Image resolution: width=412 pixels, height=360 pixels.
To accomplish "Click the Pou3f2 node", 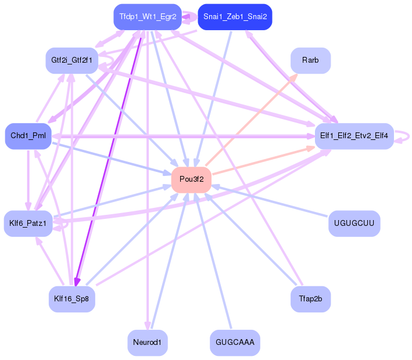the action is coord(191,179).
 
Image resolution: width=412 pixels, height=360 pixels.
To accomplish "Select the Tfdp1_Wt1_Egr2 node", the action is coord(148,17).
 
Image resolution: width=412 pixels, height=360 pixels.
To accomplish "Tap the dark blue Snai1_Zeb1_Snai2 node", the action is coord(235,17).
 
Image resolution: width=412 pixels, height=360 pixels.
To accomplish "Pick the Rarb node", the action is coord(310,60).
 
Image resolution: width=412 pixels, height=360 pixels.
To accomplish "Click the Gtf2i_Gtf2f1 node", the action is coord(71,60).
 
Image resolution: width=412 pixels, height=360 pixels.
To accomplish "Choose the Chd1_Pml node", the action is coord(28,136).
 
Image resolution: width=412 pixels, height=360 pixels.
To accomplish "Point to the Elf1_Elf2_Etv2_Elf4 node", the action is coord(354,136).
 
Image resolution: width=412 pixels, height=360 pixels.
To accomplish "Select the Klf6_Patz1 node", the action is coord(28,224).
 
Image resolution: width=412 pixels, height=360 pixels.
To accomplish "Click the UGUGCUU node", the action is coord(354,224).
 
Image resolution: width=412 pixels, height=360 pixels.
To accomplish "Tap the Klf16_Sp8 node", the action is coord(71,299).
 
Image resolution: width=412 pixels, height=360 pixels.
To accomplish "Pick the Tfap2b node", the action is coord(310,299).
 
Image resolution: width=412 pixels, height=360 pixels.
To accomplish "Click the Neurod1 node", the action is coord(148,343).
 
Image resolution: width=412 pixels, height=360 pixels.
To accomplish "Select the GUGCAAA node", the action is coord(235,343).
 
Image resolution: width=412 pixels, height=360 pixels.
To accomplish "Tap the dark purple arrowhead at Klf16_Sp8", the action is coord(77,282).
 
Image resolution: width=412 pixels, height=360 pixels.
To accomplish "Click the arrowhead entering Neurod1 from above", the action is coord(148,326).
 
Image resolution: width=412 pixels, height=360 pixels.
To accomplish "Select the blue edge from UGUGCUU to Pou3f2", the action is coord(270,201).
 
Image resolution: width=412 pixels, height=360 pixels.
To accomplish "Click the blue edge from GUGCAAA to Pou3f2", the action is coord(213,261).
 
